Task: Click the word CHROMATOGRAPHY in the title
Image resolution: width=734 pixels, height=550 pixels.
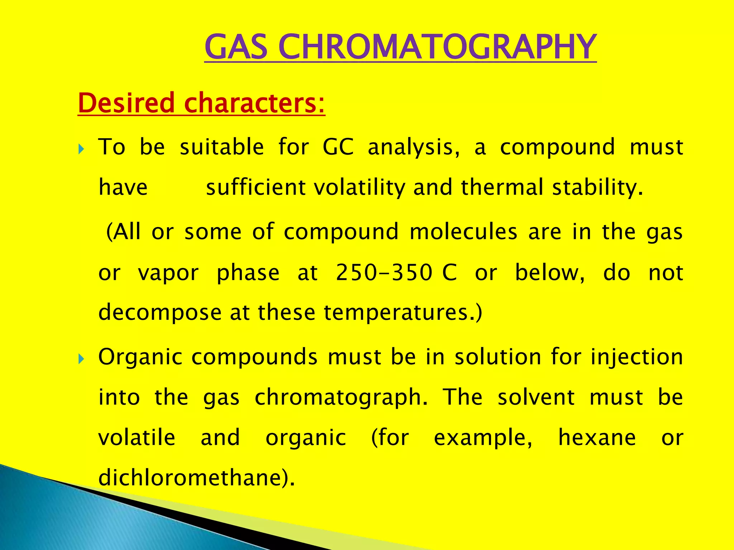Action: [x=437, y=47]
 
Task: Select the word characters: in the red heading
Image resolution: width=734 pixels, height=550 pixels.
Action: [x=255, y=103]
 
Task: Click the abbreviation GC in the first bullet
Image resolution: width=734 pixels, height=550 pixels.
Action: [x=338, y=147]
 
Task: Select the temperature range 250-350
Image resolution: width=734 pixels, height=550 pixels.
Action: [x=384, y=273]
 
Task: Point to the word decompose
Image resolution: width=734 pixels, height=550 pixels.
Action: [x=160, y=313]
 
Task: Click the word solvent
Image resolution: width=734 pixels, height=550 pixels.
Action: [x=536, y=398]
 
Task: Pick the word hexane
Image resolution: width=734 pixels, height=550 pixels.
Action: [x=597, y=438]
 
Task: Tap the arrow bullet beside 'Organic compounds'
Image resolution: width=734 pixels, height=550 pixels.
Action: [x=81, y=358]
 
